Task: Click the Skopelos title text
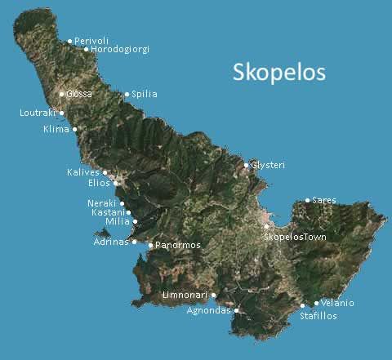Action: click(279, 72)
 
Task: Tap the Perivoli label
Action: click(91, 41)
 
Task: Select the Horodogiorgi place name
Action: click(120, 50)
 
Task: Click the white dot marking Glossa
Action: click(61, 94)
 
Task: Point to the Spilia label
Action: click(144, 95)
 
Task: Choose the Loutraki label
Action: click(38, 113)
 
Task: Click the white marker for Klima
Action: click(75, 129)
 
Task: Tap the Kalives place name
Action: click(82, 172)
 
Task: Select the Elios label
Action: click(99, 183)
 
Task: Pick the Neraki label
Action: click(102, 202)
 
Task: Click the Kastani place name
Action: click(107, 212)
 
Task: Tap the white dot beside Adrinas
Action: click(135, 242)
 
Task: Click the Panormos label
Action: click(178, 245)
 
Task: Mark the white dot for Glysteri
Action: click(247, 166)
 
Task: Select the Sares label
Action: click(323, 200)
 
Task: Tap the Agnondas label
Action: click(208, 310)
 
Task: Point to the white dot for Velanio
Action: click(317, 304)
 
